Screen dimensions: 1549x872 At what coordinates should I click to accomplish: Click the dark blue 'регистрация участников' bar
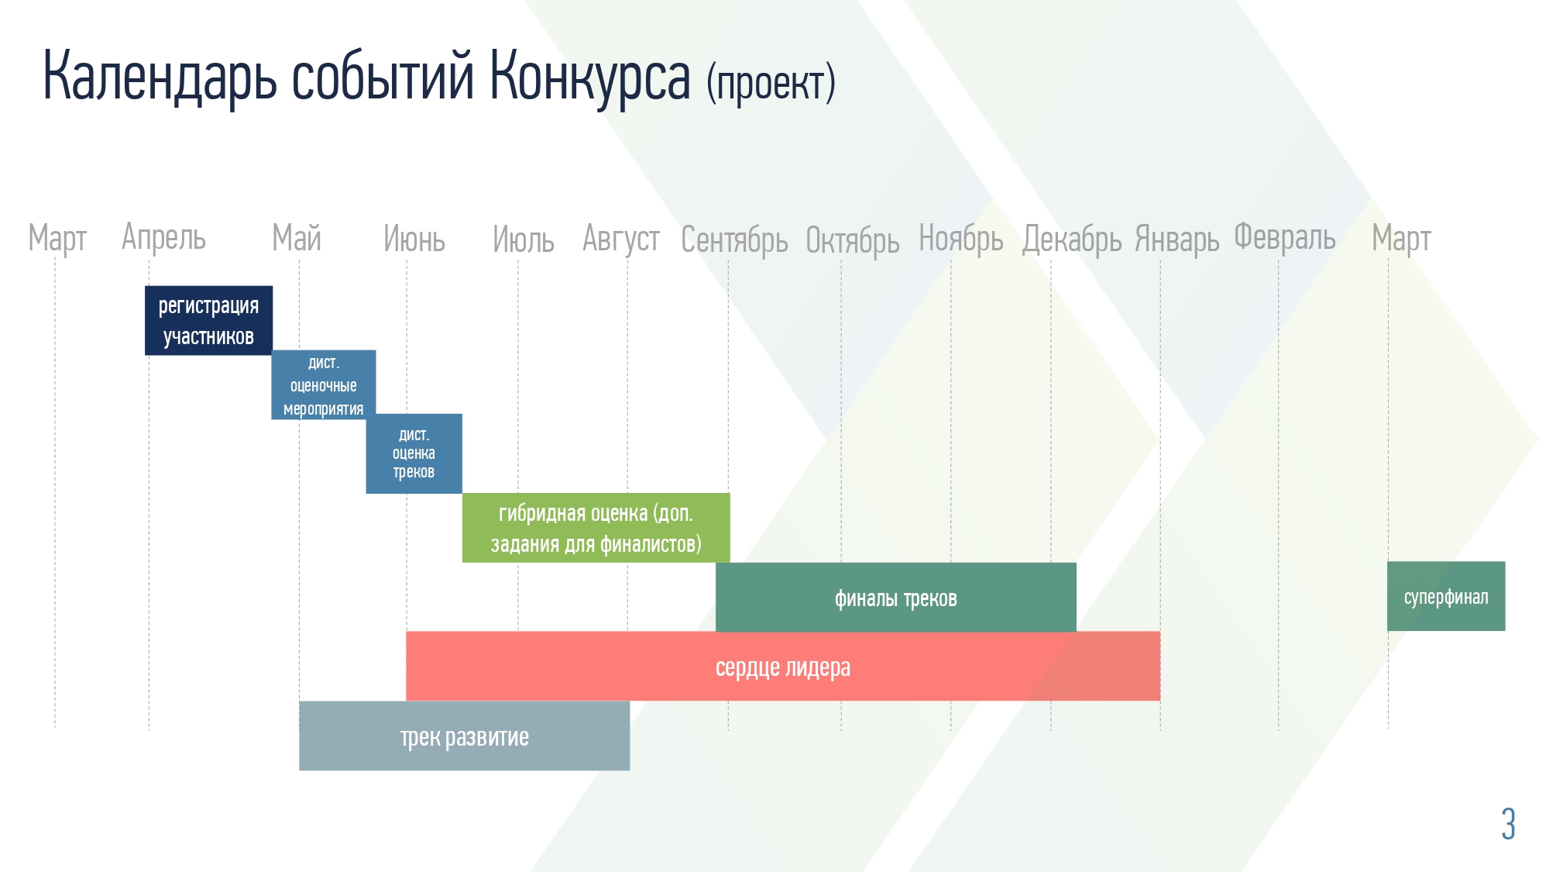coord(208,320)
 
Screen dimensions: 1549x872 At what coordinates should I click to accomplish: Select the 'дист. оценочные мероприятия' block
coord(323,384)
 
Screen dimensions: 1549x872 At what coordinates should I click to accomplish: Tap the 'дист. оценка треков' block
coord(414,453)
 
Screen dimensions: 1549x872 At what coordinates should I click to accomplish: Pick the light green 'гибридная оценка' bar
coord(596,528)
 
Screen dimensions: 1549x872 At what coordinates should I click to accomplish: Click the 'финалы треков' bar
coord(896,597)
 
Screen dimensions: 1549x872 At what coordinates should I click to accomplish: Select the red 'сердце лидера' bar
coord(783,666)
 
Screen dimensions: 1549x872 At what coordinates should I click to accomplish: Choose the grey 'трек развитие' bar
coord(465,736)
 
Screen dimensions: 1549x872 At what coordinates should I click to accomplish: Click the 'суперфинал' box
coord(1446,596)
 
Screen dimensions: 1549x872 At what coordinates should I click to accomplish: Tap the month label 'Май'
coord(297,238)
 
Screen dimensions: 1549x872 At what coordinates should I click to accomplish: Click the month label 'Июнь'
coord(414,239)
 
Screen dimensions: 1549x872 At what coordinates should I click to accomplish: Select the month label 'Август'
coord(621,239)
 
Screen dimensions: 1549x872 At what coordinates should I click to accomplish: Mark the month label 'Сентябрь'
coord(734,240)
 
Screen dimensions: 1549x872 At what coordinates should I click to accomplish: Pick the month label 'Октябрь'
coord(853,240)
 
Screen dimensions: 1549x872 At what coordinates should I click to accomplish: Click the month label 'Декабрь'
coord(1072,240)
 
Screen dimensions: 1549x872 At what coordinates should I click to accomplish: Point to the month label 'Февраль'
coord(1285,237)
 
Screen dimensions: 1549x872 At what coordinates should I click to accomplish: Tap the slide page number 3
coord(1508,823)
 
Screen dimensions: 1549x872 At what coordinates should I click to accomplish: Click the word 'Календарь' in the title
coord(160,76)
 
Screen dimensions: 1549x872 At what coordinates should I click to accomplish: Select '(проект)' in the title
coord(771,83)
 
